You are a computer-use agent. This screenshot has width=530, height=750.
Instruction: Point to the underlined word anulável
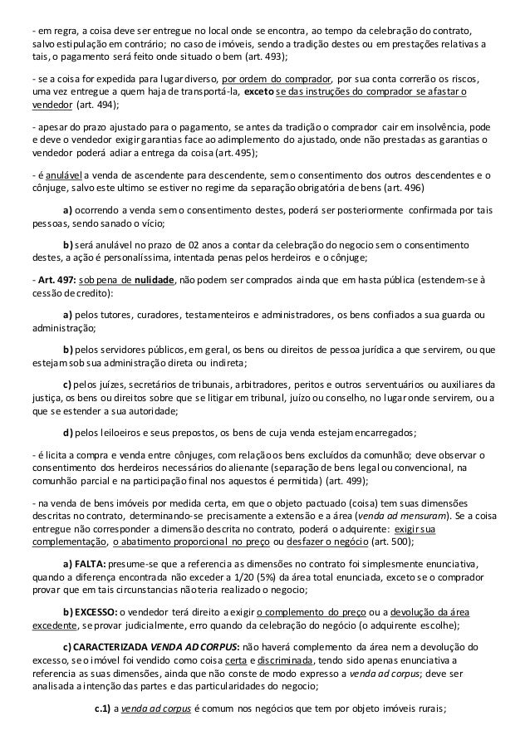[x=51, y=175]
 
